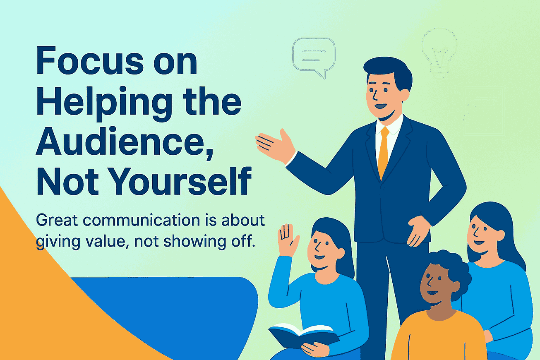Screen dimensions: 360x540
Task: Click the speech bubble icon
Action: pyautogui.click(x=313, y=56)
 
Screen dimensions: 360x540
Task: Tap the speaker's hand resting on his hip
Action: pyautogui.click(x=418, y=230)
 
